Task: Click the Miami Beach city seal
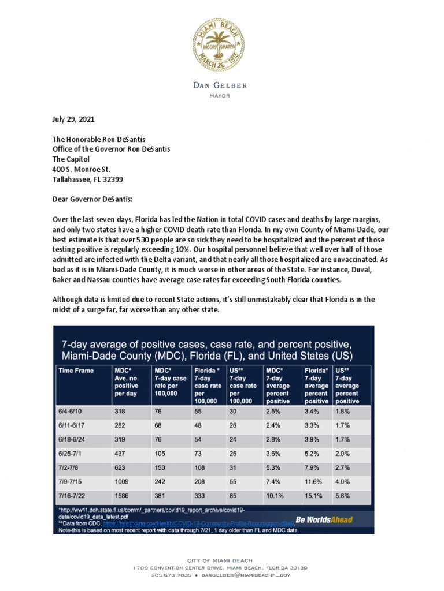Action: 218,44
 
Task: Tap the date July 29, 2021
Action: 73,119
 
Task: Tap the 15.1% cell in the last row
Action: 312,495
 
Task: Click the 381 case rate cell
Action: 160,495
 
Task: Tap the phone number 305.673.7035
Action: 172,575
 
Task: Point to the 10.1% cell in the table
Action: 275,495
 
